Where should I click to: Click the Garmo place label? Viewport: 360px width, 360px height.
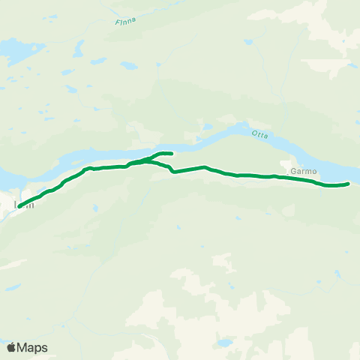click(x=301, y=169)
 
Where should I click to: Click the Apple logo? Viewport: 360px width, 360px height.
click(x=11, y=347)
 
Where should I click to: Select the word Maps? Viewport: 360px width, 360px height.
click(x=32, y=347)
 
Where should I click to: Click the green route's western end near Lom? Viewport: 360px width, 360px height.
click(x=19, y=205)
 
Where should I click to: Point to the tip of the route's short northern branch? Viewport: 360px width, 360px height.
click(x=172, y=154)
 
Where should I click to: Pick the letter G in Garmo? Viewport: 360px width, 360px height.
click(x=292, y=169)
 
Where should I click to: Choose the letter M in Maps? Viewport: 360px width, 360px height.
click(x=22, y=347)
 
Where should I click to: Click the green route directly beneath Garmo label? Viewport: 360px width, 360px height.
click(x=301, y=179)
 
